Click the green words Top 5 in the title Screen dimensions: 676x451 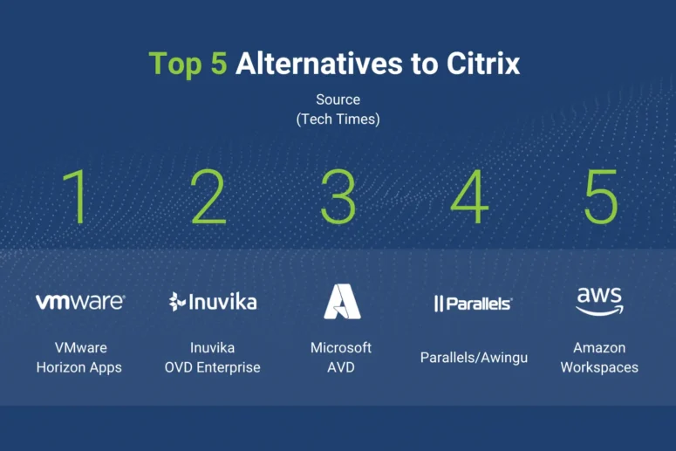pos(188,65)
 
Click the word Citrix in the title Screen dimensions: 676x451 pos(483,64)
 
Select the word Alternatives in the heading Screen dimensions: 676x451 pos(319,64)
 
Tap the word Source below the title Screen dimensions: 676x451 pos(338,99)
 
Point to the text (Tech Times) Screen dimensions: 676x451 pos(338,119)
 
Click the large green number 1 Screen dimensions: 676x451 pos(74,196)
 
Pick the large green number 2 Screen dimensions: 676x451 pos(208,196)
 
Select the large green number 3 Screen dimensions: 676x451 pos(338,196)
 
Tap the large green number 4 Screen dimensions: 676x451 pos(469,196)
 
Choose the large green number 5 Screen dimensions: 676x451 pos(601,196)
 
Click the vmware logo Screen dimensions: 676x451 pos(80,302)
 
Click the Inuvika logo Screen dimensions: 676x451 pos(213,301)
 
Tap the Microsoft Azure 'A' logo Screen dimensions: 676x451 pos(342,301)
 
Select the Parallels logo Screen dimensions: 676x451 pos(473,304)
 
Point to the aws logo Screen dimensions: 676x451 pos(600,301)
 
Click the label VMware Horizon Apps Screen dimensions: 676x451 pos(79,358)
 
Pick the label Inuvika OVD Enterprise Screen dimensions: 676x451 pos(213,358)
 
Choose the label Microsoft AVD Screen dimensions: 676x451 pos(341,358)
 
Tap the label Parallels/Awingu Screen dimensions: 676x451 pos(474,358)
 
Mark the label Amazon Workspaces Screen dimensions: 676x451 pos(599,358)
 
